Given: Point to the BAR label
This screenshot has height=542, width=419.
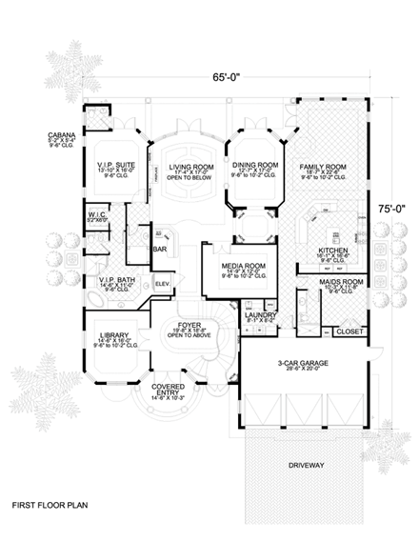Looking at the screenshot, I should point(159,249).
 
